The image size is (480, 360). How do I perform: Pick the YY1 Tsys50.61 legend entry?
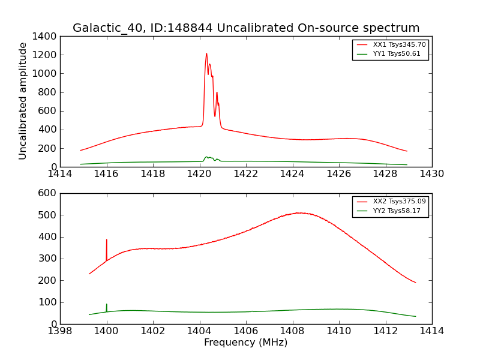[397, 54]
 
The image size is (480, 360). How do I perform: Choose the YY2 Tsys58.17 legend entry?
[397, 211]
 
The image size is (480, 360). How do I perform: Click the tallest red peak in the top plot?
[206, 54]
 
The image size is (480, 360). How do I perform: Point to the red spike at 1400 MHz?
[107, 240]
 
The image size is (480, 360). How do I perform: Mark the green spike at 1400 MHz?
[107, 305]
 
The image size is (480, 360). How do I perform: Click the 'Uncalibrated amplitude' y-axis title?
[23, 101]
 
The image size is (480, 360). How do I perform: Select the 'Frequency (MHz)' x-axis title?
[245, 343]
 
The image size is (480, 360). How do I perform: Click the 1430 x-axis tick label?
[431, 174]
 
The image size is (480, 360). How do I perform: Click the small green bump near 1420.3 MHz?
[206, 157]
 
